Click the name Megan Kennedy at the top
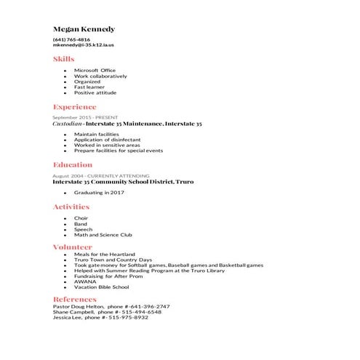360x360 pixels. tap(84, 28)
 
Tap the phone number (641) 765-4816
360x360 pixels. tap(71, 39)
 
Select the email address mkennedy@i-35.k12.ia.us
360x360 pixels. tap(84, 45)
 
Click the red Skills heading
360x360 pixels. tap(63, 58)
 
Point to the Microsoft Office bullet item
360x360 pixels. tap(95, 71)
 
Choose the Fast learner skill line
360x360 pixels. tap(89, 87)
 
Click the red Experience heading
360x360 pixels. tap(74, 107)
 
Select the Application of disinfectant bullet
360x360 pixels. tap(107, 140)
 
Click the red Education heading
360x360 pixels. tap(72, 165)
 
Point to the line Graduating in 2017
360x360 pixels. tap(99, 193)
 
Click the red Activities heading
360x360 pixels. tap(71, 207)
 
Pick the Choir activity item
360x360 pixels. tap(81, 218)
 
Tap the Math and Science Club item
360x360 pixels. tap(103, 235)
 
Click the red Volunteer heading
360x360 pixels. tap(72, 247)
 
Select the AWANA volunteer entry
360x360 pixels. tap(84, 281)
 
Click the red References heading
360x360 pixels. tap(74, 299)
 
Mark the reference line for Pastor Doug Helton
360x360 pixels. tap(111, 307)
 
